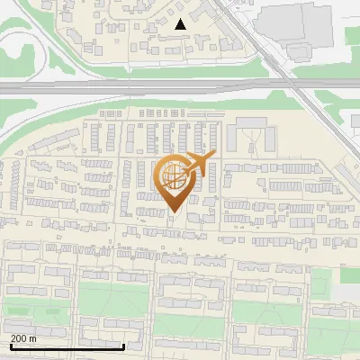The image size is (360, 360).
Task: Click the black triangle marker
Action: pyautogui.click(x=181, y=24)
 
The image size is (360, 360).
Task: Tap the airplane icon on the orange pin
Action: pyautogui.click(x=199, y=163)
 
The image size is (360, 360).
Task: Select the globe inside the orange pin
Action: pyautogui.click(x=172, y=176)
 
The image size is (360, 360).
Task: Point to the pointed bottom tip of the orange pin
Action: pyautogui.click(x=174, y=211)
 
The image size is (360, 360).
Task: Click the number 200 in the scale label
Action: pyautogui.click(x=19, y=338)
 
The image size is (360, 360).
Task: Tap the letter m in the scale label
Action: pyautogui.click(x=33, y=338)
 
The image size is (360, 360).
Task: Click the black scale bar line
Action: pyautogui.click(x=67, y=346)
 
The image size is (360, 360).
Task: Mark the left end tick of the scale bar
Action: pyautogui.click(x=10, y=346)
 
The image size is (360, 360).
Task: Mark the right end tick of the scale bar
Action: pyautogui.click(x=123, y=346)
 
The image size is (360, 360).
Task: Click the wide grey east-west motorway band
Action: pyautogui.click(x=135, y=87)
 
